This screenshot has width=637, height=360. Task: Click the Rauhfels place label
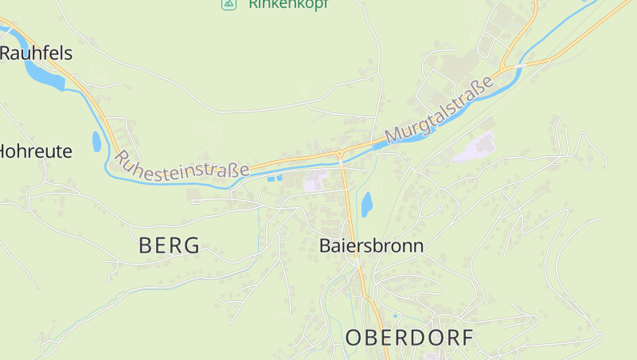tap(37, 53)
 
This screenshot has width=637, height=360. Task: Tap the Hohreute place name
tap(35, 151)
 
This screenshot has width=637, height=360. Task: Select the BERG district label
tap(169, 245)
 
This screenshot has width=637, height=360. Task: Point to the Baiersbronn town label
tap(371, 245)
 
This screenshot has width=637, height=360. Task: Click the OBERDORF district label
tap(409, 338)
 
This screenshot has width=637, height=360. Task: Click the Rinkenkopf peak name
tap(288, 4)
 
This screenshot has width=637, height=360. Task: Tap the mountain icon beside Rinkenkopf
tap(229, 4)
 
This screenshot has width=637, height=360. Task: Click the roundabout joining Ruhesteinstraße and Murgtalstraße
tap(340, 152)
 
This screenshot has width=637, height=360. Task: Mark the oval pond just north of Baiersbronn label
tap(366, 205)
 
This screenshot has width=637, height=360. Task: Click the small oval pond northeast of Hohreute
tap(96, 142)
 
